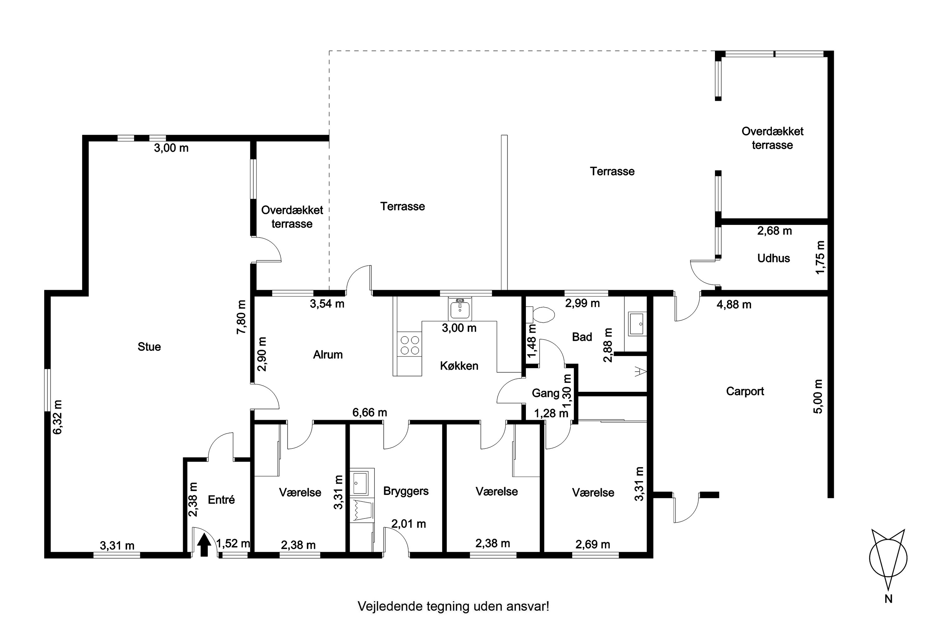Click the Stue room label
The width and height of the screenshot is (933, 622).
[x=149, y=347]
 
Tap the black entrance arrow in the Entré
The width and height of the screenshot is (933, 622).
[x=204, y=545]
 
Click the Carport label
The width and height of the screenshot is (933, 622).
[x=745, y=392]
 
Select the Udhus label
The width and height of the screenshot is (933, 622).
[x=773, y=258]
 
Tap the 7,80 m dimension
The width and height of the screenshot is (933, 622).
[x=242, y=317]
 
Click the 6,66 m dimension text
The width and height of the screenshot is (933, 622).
[x=370, y=413]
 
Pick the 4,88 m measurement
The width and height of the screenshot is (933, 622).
[x=734, y=305]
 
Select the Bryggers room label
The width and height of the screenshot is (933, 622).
[x=406, y=491]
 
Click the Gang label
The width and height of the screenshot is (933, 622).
[x=545, y=393]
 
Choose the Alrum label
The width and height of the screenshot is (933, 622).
[x=328, y=355]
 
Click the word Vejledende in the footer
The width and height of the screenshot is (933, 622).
[x=390, y=606]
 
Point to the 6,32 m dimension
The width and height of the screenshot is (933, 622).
[x=58, y=417]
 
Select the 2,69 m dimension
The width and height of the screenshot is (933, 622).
[x=593, y=544]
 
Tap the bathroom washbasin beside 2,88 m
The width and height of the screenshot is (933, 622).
[x=637, y=324]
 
